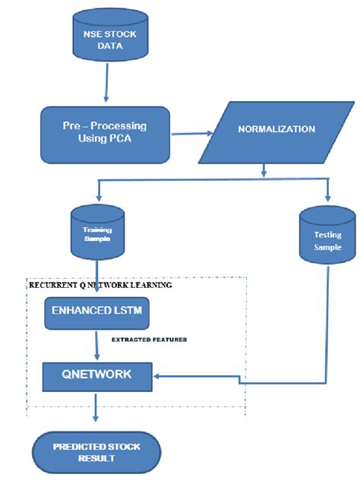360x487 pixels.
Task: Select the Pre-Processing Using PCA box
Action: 106,134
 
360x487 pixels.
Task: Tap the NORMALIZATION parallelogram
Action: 266,131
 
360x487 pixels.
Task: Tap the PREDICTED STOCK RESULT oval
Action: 96,452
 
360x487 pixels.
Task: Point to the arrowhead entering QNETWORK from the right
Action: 157,374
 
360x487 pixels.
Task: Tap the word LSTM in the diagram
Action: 125,312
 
